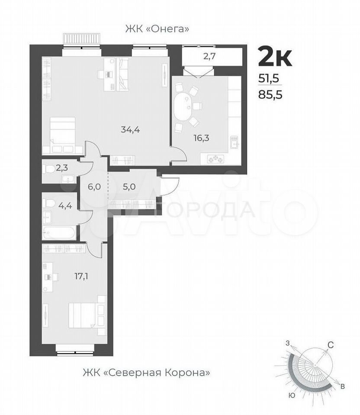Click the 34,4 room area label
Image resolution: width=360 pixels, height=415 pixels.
click(x=130, y=130)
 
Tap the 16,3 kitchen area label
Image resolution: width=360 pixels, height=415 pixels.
click(x=201, y=138)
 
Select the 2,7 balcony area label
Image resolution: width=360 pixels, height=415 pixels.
click(x=209, y=56)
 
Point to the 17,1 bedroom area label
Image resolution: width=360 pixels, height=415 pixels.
click(x=81, y=277)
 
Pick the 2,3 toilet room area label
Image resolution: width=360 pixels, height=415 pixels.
click(x=62, y=168)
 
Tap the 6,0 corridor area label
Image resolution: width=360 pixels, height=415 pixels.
click(x=94, y=187)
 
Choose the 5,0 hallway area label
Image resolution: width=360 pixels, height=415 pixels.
click(x=129, y=187)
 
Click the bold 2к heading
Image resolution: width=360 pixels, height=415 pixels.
click(x=275, y=57)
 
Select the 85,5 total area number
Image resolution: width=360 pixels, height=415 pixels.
click(x=270, y=95)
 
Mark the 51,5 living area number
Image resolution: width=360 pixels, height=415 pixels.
click(x=269, y=78)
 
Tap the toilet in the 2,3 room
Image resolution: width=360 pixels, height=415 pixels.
click(x=48, y=168)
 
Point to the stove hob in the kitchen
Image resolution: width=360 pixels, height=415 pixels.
click(x=216, y=159)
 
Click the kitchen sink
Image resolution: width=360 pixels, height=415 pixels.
click(x=235, y=142)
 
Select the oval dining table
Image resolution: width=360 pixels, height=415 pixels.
click(x=183, y=106)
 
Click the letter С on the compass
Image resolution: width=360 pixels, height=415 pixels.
click(x=330, y=345)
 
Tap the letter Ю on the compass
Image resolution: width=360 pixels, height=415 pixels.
click(x=292, y=396)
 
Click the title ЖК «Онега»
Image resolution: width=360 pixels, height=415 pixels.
click(x=157, y=29)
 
